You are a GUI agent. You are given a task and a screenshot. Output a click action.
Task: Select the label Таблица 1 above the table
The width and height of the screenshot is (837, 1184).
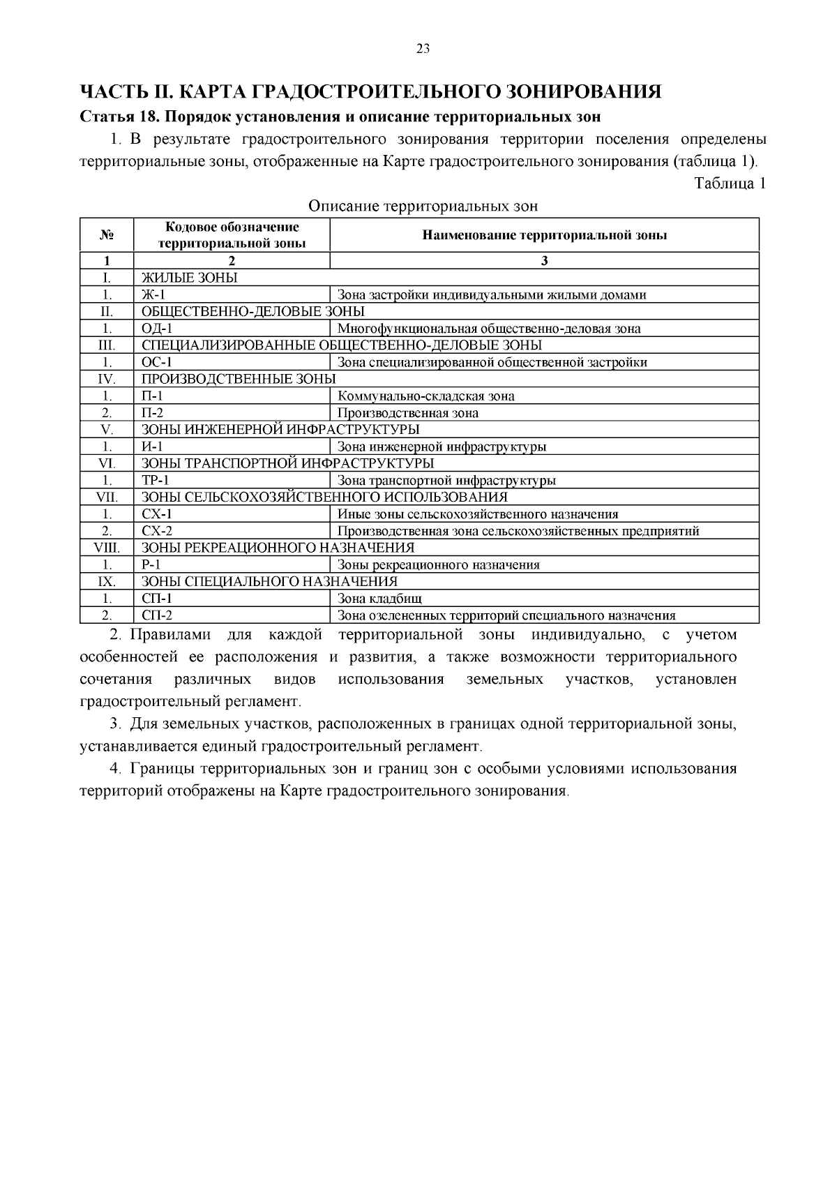click(x=730, y=183)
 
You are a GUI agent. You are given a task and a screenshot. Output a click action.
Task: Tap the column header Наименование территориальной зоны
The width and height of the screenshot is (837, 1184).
click(x=544, y=235)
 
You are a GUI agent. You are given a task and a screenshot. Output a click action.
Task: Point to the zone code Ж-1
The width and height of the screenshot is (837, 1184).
click(x=153, y=294)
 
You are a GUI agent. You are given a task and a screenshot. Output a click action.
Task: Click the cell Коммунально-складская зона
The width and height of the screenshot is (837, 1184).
click(x=426, y=396)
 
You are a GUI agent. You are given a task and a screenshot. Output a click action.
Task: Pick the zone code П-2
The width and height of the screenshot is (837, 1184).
click(x=153, y=413)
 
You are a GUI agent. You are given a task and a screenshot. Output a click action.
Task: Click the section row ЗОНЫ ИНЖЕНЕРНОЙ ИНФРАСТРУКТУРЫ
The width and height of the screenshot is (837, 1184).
click(x=280, y=429)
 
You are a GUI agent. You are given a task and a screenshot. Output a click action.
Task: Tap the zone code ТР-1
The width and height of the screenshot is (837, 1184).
click(x=156, y=481)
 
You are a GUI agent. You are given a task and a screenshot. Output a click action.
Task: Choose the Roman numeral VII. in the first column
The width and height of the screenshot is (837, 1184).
click(x=107, y=497)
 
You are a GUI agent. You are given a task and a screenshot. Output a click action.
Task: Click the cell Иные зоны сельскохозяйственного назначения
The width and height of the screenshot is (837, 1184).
click(x=478, y=514)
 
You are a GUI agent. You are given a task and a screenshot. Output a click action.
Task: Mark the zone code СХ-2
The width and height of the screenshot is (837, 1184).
click(x=157, y=531)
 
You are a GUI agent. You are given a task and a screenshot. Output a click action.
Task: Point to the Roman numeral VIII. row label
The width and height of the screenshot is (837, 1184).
click(x=107, y=548)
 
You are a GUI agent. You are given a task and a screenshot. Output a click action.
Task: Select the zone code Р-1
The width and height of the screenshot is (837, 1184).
click(x=151, y=565)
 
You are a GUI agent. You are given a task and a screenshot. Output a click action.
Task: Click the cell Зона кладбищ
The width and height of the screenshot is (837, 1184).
click(x=379, y=599)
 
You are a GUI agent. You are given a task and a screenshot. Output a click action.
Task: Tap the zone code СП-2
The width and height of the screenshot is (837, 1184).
click(x=157, y=615)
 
